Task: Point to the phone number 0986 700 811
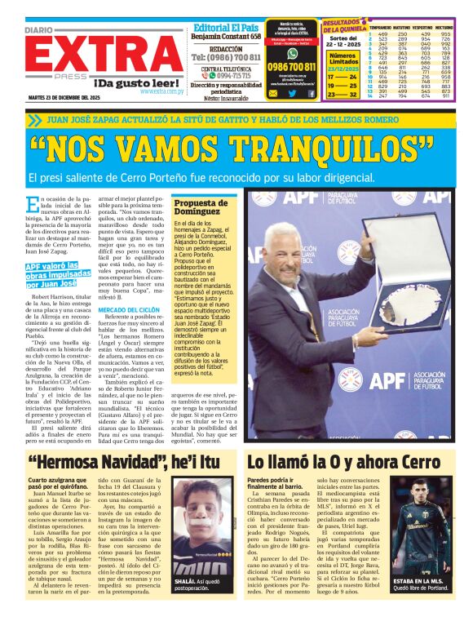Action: coord(291,67)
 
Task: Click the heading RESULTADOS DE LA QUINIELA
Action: coord(344,26)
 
